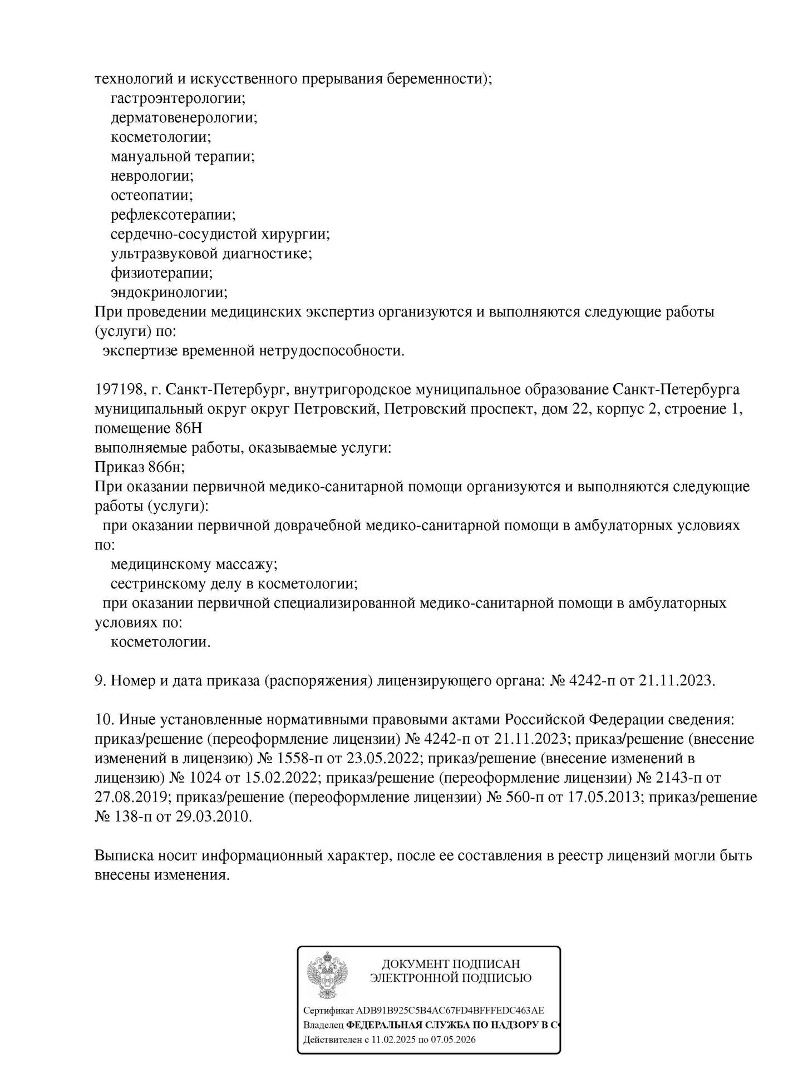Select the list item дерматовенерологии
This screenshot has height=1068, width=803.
click(x=184, y=118)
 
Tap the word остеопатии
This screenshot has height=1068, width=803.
click(x=151, y=195)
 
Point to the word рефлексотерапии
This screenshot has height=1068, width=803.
click(x=173, y=215)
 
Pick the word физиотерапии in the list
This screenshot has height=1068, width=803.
click(x=162, y=273)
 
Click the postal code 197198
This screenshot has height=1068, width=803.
click(x=119, y=389)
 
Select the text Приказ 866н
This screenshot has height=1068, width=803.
click(x=140, y=467)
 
